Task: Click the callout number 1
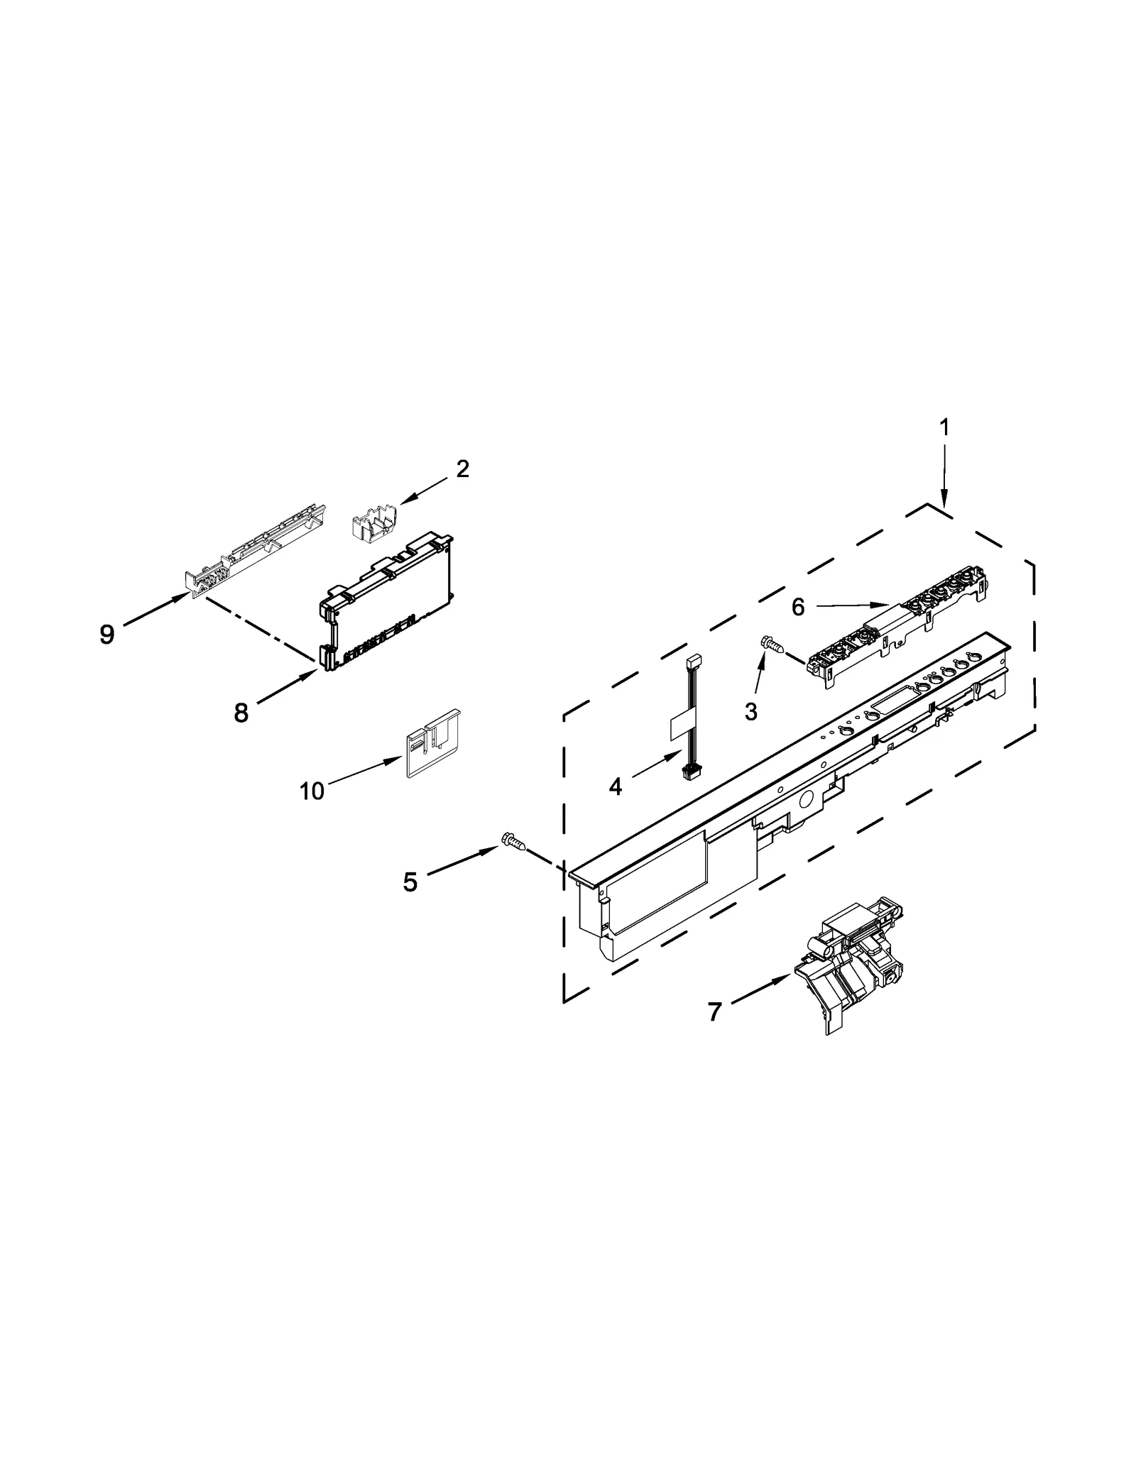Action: coord(944,427)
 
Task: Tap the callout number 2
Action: coord(462,468)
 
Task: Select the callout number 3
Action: coord(751,711)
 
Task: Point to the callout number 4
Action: coord(615,786)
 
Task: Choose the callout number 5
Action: coord(410,882)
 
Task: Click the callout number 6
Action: coord(798,607)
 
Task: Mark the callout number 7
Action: coord(714,1011)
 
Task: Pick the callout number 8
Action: coord(241,713)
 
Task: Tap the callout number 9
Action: coord(106,634)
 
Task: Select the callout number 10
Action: coord(312,791)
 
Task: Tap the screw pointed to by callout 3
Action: coord(772,644)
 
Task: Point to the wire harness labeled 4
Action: coord(689,717)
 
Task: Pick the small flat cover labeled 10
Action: coord(431,744)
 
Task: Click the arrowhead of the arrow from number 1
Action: coord(944,503)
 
